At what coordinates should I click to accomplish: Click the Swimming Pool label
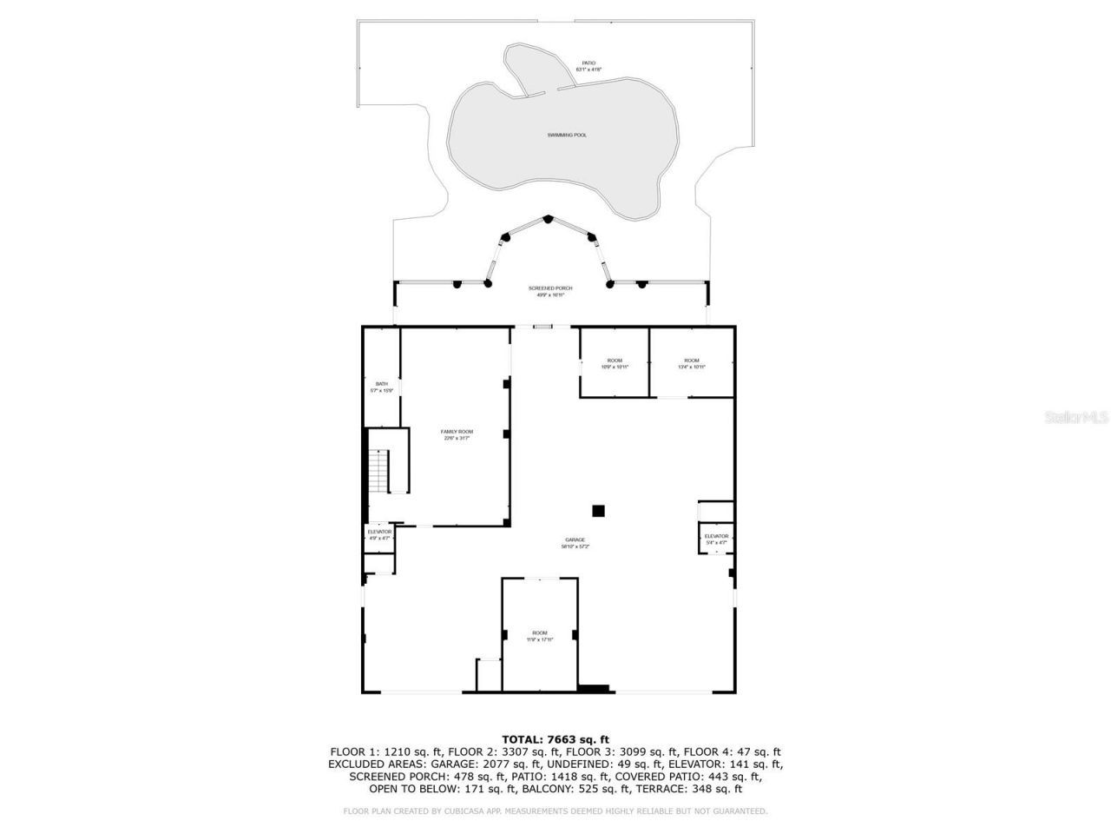pyautogui.click(x=566, y=135)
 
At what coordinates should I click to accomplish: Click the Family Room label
pyautogui.click(x=457, y=434)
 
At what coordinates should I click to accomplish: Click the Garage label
pyautogui.click(x=575, y=542)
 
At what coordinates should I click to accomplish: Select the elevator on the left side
pyautogui.click(x=379, y=534)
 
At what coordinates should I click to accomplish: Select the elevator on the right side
pyautogui.click(x=716, y=539)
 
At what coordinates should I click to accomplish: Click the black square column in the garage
pyautogui.click(x=598, y=510)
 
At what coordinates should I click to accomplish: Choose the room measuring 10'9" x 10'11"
pyautogui.click(x=615, y=363)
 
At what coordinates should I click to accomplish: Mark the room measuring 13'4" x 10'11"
pyautogui.click(x=691, y=363)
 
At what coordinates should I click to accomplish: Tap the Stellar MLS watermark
pyautogui.click(x=1075, y=418)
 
